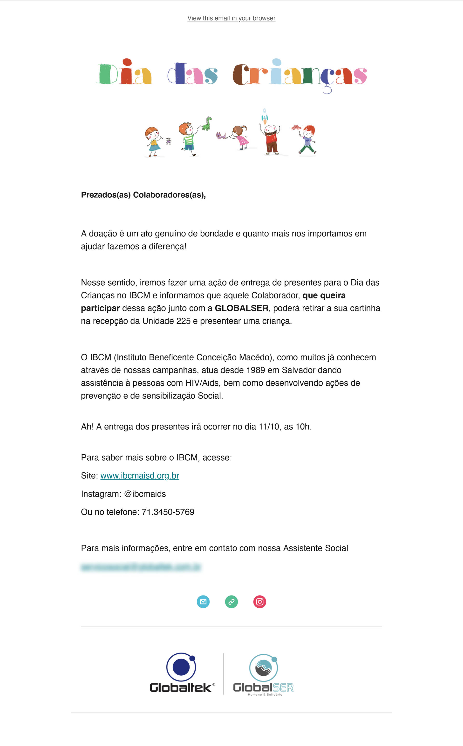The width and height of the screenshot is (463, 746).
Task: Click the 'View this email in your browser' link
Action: pyautogui.click(x=231, y=18)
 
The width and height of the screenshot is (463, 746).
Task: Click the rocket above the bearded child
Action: pyautogui.click(x=265, y=116)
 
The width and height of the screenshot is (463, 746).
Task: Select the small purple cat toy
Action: pyautogui.click(x=220, y=135)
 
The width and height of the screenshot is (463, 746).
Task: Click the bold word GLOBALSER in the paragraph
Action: pyautogui.click(x=242, y=308)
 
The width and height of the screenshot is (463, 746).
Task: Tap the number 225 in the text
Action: pyautogui.click(x=183, y=321)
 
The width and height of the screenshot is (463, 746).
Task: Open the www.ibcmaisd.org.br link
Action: pyautogui.click(x=140, y=476)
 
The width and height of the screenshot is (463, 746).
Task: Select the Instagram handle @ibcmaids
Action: pyautogui.click(x=145, y=494)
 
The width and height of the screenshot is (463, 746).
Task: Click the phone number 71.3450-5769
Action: pyautogui.click(x=168, y=512)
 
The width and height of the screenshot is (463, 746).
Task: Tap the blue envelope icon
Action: pyautogui.click(x=203, y=602)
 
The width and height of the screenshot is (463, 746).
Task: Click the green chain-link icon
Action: pyautogui.click(x=231, y=602)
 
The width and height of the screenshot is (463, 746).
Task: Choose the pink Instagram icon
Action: pyautogui.click(x=260, y=602)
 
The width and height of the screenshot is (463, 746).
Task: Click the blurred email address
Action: pyautogui.click(x=141, y=567)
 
